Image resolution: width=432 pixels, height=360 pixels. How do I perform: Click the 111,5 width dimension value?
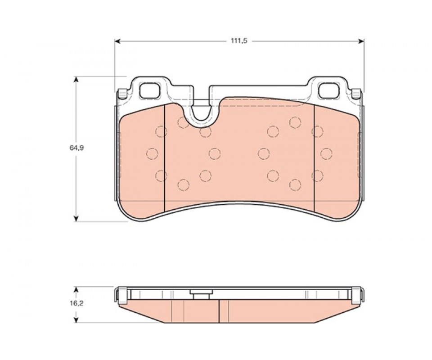239,41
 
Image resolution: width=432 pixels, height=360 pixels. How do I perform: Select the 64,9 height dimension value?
76,148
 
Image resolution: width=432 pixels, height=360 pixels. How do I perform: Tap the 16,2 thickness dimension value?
77,304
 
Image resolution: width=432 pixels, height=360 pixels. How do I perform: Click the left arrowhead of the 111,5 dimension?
117,41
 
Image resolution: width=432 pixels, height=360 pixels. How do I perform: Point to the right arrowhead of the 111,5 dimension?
361,41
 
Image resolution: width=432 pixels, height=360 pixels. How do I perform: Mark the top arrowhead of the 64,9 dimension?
76,80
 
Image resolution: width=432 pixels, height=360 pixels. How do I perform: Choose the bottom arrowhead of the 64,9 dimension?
76,218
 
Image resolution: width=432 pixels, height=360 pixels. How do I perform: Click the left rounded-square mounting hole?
150,90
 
